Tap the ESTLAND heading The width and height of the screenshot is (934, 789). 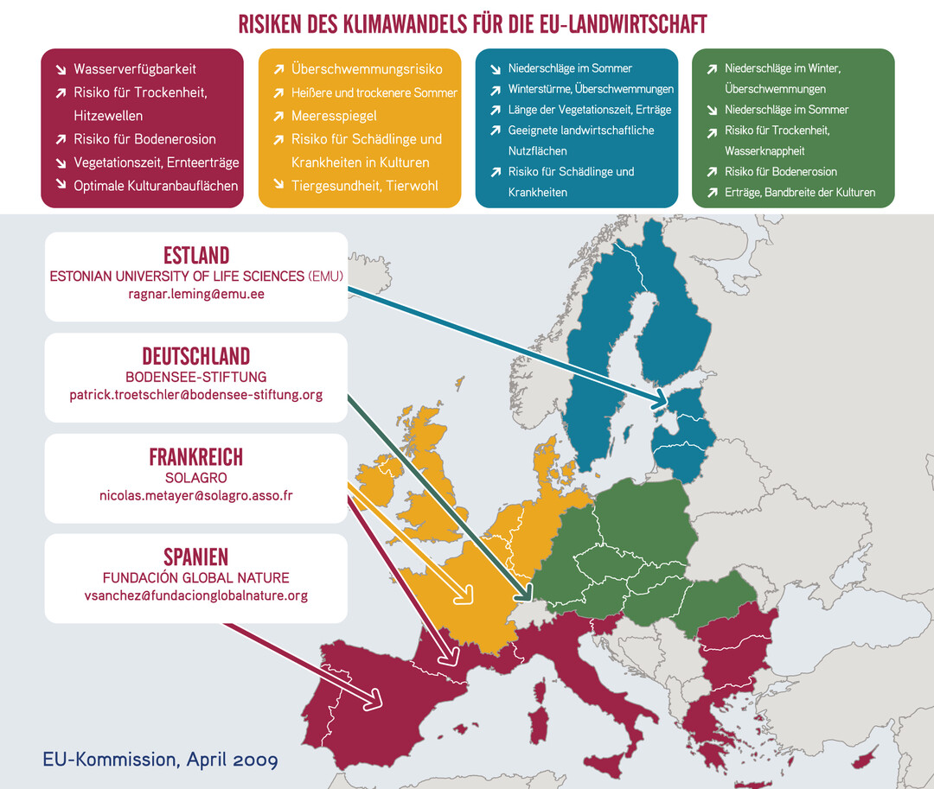196,256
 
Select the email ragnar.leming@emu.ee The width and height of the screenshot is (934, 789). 196,294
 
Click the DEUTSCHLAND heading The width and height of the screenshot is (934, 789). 196,356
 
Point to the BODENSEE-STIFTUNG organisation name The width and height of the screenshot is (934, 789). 196,377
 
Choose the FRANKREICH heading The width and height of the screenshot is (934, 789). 196,456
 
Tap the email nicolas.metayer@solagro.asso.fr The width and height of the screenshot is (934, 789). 196,495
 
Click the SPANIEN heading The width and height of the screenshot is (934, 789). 196,557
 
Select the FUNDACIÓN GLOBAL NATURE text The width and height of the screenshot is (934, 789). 196,577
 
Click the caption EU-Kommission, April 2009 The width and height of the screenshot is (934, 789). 160,760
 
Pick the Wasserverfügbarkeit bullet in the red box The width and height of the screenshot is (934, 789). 135,69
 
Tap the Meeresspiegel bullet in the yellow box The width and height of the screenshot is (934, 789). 334,116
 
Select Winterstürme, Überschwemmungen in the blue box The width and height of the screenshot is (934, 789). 591,89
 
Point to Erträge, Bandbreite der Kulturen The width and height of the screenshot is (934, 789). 800,193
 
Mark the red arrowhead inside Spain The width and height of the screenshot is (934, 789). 374,697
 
